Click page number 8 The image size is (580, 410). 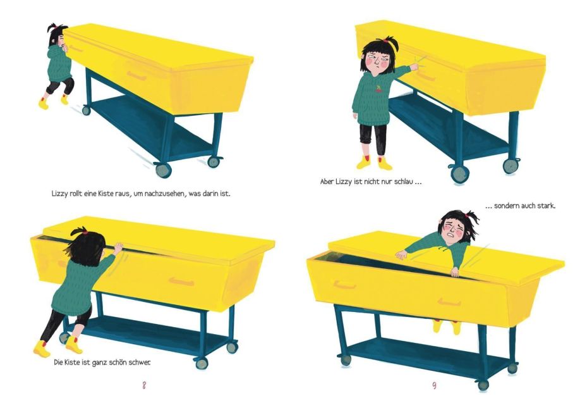144,385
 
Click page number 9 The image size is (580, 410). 434,385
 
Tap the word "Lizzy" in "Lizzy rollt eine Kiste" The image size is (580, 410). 59,194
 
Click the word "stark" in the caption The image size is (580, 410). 545,206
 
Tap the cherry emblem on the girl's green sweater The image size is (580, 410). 378,89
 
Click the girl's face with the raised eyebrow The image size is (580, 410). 377,62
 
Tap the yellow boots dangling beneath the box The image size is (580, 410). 447,326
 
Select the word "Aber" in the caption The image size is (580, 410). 327,182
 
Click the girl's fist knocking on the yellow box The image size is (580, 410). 414,67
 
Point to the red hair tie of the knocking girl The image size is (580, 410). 387,40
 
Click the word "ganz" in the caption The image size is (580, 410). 99,363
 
